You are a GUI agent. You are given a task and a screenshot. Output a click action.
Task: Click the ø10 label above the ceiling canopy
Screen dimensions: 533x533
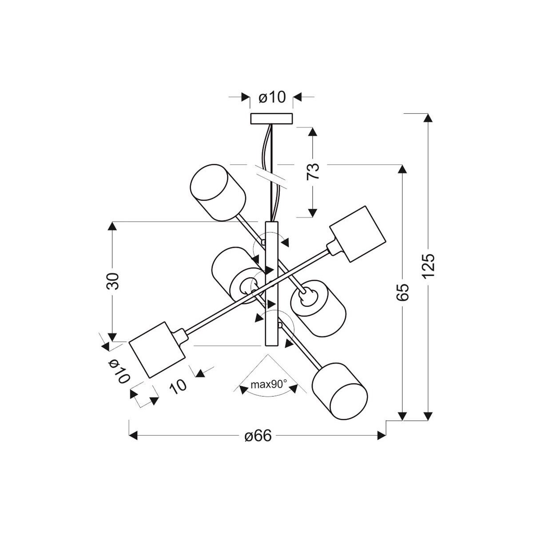271,97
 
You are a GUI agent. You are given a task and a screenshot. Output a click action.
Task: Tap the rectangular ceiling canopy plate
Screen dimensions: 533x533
271,119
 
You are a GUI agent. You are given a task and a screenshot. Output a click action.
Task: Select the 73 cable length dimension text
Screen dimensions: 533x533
313,171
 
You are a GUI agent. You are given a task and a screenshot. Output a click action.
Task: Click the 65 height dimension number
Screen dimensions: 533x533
402,292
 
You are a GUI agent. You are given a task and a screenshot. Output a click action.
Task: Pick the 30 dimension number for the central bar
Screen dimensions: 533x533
112,281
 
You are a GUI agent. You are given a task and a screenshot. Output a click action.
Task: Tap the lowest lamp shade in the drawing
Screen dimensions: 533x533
340,391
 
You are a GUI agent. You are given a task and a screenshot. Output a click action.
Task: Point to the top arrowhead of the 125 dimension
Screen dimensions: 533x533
428,118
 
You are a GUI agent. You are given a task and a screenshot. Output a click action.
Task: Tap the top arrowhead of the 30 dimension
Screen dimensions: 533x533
112,226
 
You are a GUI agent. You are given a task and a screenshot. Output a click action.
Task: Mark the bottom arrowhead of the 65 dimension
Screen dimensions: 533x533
402,416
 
